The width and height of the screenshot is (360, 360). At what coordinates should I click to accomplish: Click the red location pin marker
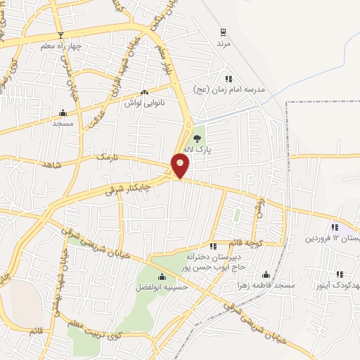point(181,166)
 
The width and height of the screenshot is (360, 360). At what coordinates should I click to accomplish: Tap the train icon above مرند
point(223,32)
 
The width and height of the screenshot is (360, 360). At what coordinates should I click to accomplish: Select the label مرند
point(223,44)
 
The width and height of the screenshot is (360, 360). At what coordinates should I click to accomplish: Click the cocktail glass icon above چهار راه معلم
point(60,35)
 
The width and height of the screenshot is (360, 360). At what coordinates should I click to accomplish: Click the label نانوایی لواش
point(144,103)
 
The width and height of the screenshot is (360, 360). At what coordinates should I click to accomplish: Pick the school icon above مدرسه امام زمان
point(228,79)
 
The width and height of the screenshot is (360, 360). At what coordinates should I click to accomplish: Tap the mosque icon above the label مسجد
point(63,112)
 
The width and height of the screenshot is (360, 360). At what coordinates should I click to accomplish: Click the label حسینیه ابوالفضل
point(160,287)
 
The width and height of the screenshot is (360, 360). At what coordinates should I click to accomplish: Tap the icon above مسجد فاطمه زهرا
point(266,275)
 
